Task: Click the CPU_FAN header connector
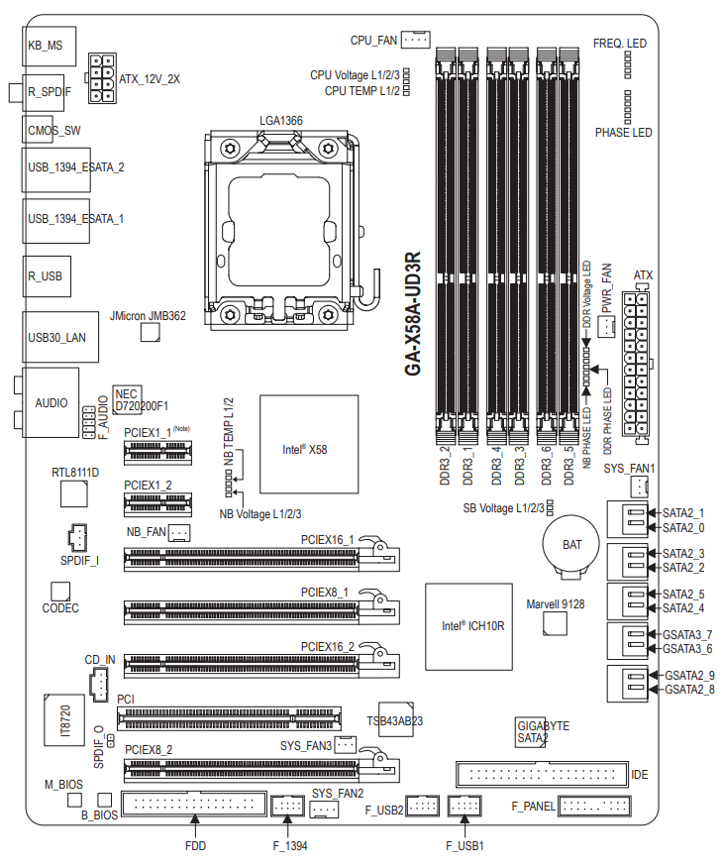pos(415,40)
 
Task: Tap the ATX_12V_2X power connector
pos(102,78)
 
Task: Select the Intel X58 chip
pos(309,445)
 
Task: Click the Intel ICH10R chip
pos(468,626)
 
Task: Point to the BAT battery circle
pos(570,545)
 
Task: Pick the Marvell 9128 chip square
pos(555,624)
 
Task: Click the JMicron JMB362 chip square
pos(150,332)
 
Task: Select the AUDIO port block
pos(51,402)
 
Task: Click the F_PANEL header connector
pos(595,806)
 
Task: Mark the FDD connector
pos(194,804)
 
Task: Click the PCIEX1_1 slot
pos(157,453)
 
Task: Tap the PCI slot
pos(229,718)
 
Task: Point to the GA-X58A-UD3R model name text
pos(413,314)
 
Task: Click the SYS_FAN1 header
pos(639,488)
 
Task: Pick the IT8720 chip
pos(65,720)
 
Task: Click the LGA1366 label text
pos(281,121)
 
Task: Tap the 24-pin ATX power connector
pos(636,364)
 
